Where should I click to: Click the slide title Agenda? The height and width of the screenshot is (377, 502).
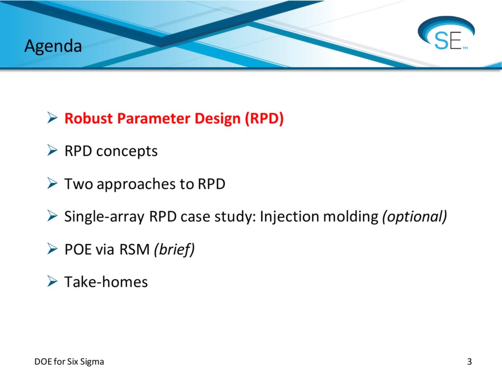pos(53,46)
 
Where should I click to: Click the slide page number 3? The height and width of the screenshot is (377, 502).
pos(469,362)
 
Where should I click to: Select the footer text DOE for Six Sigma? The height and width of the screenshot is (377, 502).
pos(69,362)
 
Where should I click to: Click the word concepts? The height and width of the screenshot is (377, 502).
pos(127,151)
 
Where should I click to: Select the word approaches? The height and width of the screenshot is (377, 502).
pos(138,184)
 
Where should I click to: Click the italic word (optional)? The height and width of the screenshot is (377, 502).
pos(414,216)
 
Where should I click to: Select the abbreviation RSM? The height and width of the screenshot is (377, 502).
pos(134,249)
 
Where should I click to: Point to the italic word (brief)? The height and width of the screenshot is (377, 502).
pos(174,249)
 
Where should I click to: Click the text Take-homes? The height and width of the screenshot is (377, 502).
pos(106,282)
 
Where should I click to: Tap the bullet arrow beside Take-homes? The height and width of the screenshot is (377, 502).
pos(52,282)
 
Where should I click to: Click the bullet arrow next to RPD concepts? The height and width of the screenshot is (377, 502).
pos(52,151)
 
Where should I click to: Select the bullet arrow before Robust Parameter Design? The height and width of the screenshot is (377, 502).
pos(52,119)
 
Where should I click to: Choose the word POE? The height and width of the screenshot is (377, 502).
pos(78,249)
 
